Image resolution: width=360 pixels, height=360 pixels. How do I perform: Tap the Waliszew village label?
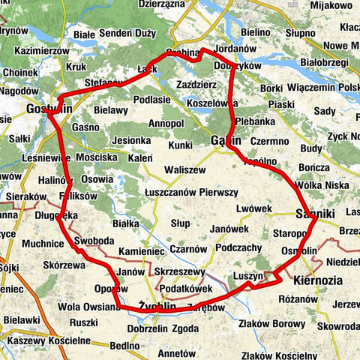coord(185,170)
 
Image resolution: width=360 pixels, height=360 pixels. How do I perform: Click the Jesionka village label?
coord(131,139)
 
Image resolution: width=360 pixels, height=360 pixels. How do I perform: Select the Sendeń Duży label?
coord(128,34)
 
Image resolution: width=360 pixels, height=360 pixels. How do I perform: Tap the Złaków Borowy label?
coord(274,324)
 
